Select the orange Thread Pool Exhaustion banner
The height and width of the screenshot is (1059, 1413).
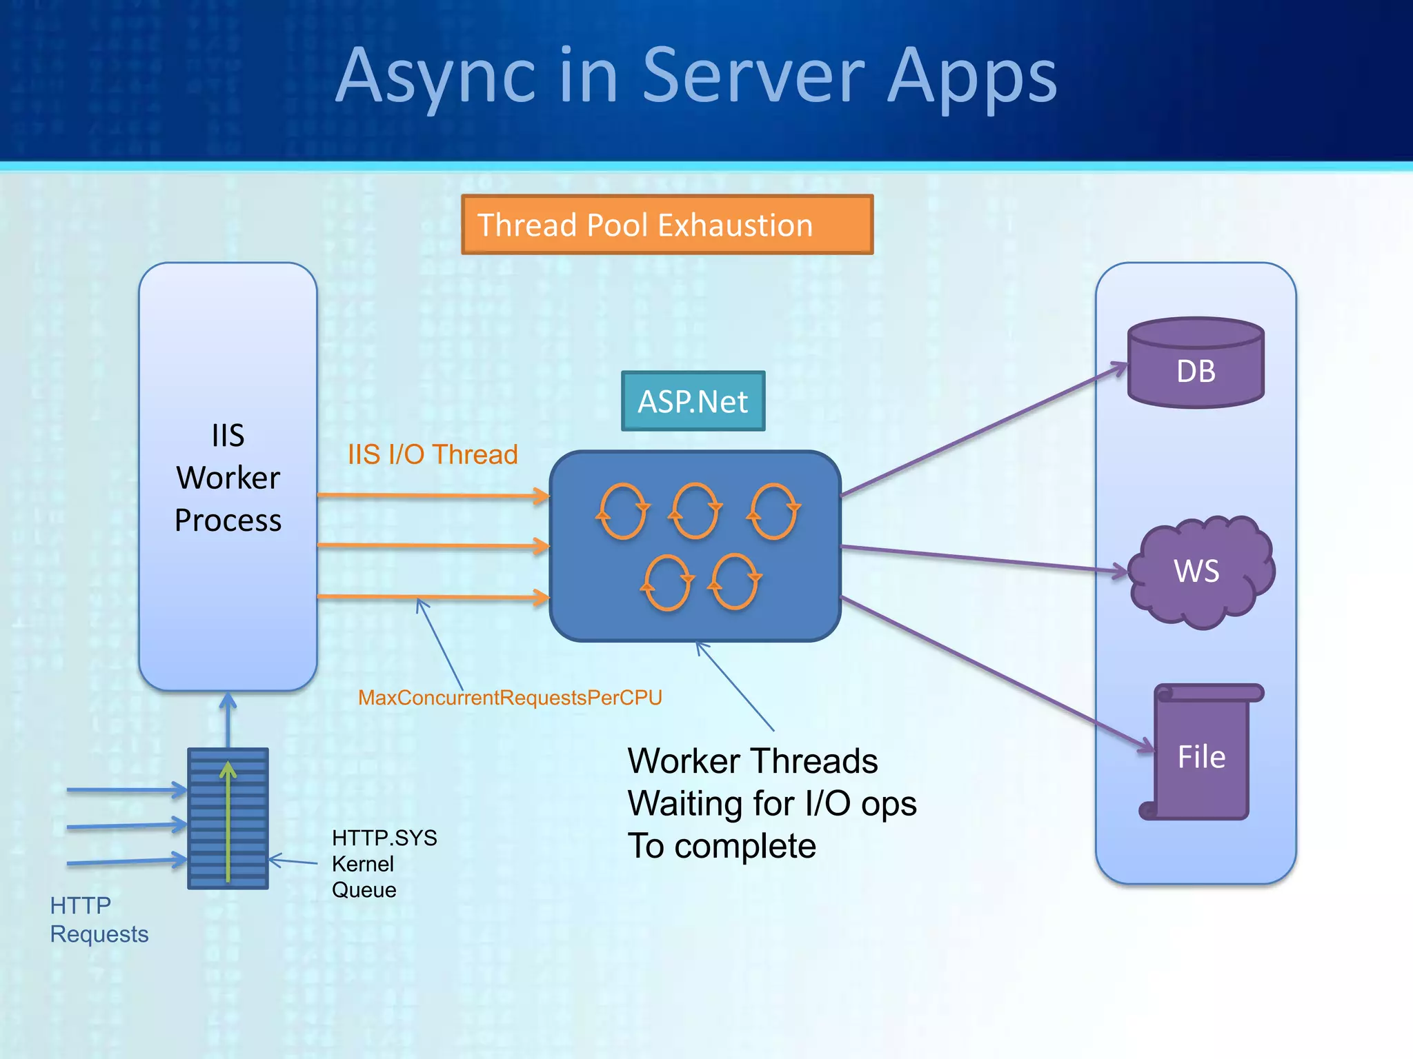pyautogui.click(x=666, y=225)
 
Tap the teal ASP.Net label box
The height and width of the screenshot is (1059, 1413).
pyautogui.click(x=693, y=401)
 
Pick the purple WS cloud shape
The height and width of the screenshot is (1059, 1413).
pyautogui.click(x=1199, y=571)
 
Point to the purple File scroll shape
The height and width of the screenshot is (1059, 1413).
pyautogui.click(x=1201, y=756)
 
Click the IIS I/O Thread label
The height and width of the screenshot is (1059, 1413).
pyautogui.click(x=432, y=455)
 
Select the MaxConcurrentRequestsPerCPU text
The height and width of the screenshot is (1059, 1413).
pyautogui.click(x=509, y=698)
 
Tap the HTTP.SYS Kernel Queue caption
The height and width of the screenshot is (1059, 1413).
pyautogui.click(x=384, y=863)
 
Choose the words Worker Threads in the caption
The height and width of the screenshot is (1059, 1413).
pyautogui.click(x=752, y=761)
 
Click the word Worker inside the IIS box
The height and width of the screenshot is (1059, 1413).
pyautogui.click(x=228, y=478)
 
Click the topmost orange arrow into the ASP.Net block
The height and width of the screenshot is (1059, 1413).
pyautogui.click(x=432, y=495)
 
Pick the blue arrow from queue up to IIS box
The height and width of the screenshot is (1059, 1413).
pyautogui.click(x=228, y=720)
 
